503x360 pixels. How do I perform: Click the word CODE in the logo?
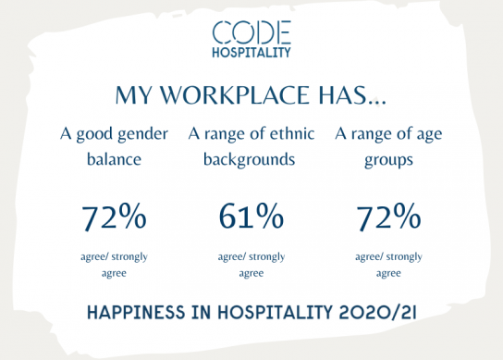pos(251,32)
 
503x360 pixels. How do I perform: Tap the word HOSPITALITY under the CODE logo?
pos(251,53)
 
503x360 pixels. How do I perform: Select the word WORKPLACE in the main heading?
pos(234,95)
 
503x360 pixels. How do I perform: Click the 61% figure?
pos(251,217)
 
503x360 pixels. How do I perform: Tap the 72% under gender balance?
pos(114,217)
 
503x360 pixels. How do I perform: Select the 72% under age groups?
pos(388,217)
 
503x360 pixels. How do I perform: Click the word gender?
pos(142,134)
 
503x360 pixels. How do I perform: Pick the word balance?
pos(114,159)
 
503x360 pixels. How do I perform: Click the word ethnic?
pos(291,133)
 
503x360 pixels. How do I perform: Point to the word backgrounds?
pos(250,160)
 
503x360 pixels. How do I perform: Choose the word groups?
pos(388,161)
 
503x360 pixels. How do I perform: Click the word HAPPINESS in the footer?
pos(136,312)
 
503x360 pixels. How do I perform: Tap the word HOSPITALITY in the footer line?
pos(275,312)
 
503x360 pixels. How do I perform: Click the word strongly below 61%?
pos(267,257)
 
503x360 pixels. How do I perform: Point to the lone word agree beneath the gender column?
pos(114,274)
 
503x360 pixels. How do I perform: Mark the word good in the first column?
pos(94,134)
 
